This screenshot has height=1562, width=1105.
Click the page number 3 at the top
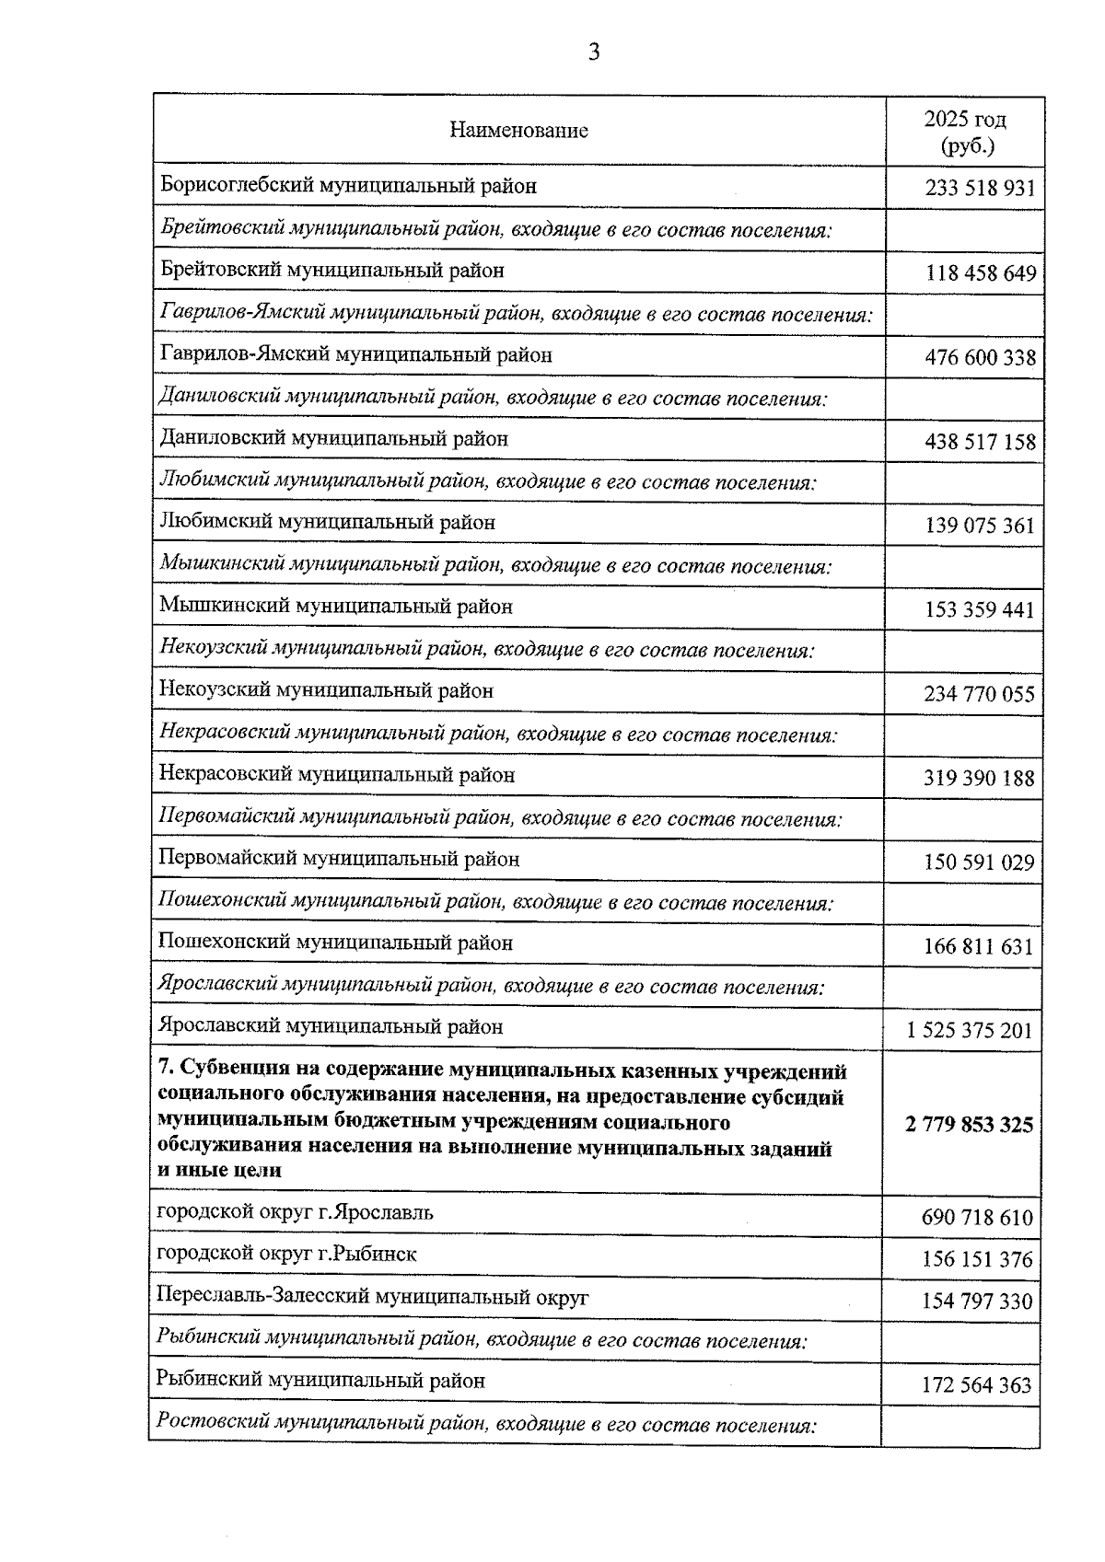pos(594,52)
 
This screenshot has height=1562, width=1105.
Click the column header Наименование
pos(518,130)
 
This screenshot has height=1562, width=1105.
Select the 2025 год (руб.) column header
pos(964,132)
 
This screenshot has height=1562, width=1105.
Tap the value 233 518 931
pos(980,189)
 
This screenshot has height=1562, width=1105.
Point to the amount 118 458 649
pos(980,273)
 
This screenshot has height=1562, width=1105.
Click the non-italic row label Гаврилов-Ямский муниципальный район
pos(355,354)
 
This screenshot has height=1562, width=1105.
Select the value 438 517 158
pos(980,442)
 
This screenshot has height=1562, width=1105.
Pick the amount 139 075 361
pos(980,526)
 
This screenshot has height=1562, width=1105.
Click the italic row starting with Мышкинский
pos(494,564)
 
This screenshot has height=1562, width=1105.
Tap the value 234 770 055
pos(979,694)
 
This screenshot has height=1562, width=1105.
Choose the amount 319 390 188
pos(979,779)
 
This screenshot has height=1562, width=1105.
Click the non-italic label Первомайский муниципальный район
pos(339,859)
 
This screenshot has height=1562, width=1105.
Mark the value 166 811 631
pos(979,947)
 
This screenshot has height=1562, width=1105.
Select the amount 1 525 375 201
pos(970,1031)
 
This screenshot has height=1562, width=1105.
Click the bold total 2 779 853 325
pos(969,1125)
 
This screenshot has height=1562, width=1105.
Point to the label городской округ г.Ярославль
pos(295,1212)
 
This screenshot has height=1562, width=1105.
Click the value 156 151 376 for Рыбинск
pos(977,1259)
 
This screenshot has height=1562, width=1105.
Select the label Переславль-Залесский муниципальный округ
pos(372,1297)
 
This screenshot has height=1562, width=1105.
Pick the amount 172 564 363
pos(977,1385)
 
